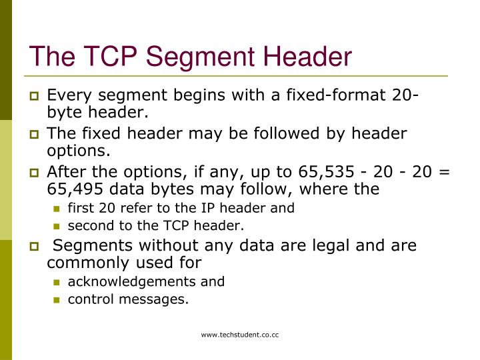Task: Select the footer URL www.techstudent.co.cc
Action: (240, 335)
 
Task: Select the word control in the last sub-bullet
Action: (89, 299)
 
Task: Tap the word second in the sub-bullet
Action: (88, 225)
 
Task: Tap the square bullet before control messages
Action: (57, 300)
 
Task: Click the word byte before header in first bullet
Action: (63, 112)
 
